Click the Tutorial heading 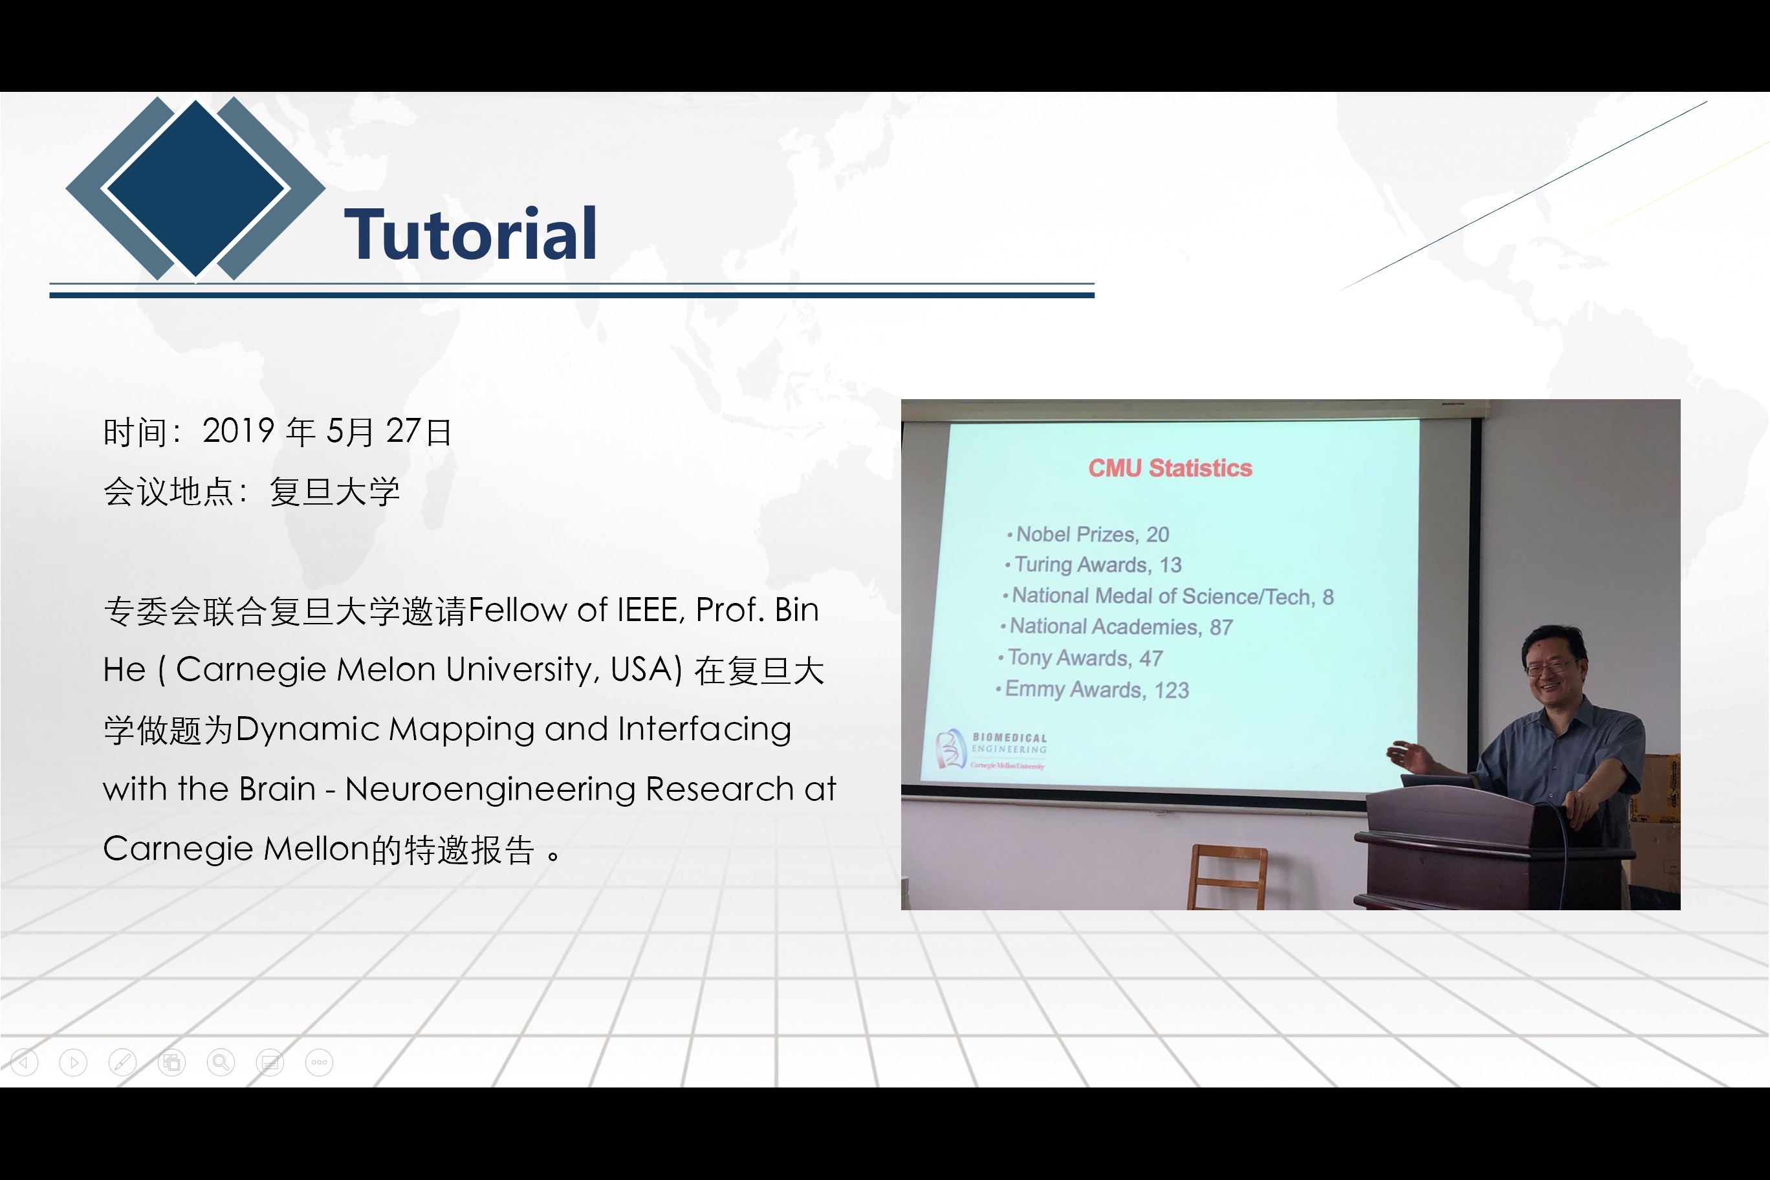coord(471,234)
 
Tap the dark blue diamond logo coord(195,188)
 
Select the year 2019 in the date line coord(238,432)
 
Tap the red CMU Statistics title coord(1170,468)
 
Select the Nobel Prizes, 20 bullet coord(1087,534)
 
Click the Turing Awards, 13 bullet coord(1093,564)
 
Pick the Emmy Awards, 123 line coord(1092,690)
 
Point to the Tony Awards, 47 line coord(1080,658)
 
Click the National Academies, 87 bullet coord(1116,626)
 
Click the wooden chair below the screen coord(1227,877)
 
